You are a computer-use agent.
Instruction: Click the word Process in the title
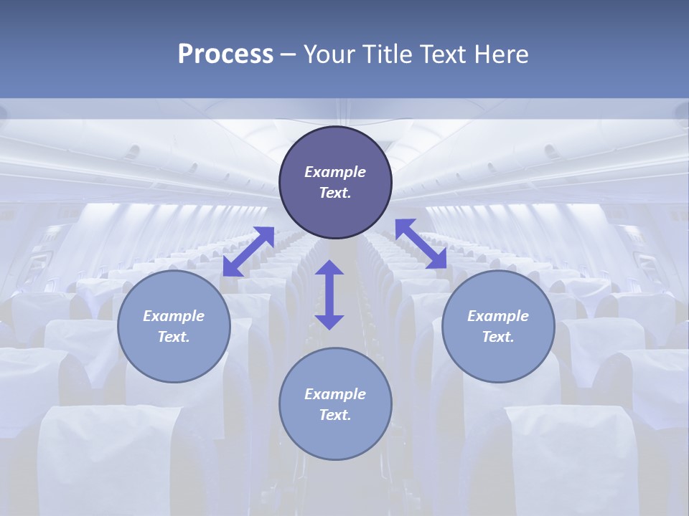(x=225, y=54)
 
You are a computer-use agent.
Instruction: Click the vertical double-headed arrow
(x=329, y=295)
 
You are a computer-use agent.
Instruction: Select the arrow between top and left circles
(x=248, y=251)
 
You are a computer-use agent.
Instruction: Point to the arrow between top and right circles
(x=421, y=244)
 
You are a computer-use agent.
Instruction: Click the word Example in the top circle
(x=335, y=172)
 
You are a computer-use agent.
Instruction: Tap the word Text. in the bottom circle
(x=335, y=415)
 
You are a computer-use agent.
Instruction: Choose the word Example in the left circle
(x=174, y=316)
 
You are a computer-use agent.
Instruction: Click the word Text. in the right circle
(x=498, y=337)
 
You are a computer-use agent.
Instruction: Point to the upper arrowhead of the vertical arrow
(x=329, y=267)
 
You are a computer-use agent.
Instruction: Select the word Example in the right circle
(x=498, y=316)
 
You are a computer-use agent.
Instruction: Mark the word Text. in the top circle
(x=335, y=193)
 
